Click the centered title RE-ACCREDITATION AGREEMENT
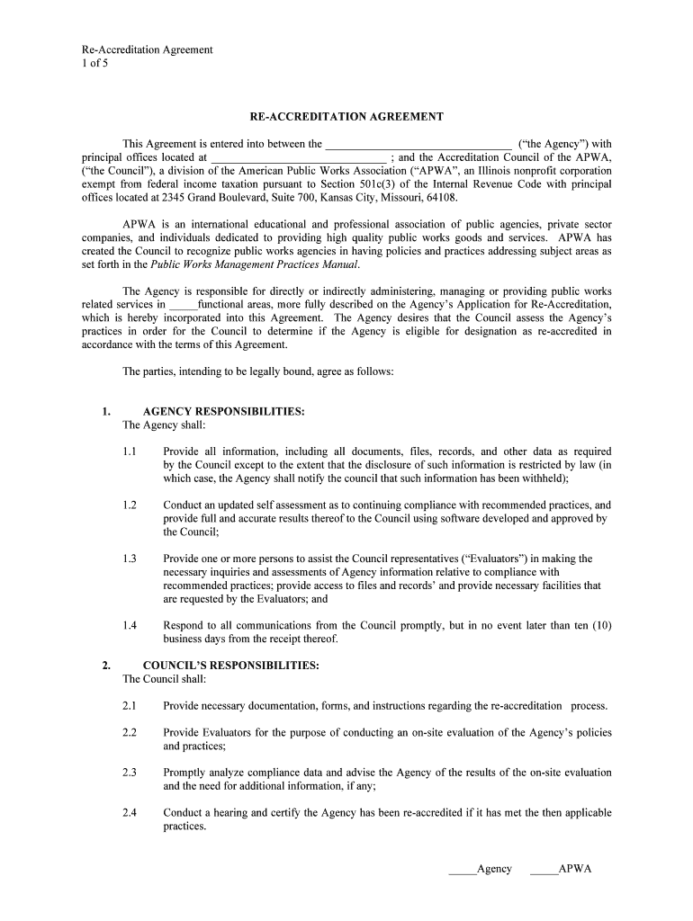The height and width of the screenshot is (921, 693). tap(346, 117)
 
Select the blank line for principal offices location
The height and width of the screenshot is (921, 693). tap(297, 158)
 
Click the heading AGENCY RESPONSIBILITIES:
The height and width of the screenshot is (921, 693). tap(223, 412)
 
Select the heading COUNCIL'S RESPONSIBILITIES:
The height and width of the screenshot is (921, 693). tap(230, 666)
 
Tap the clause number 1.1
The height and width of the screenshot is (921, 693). tap(130, 452)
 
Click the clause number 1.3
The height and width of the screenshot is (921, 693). tap(130, 559)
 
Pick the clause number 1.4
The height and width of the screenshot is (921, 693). tap(130, 626)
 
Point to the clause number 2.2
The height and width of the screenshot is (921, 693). tap(130, 733)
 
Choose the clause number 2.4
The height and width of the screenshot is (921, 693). tap(130, 813)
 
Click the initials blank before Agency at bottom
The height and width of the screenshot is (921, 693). tap(462, 870)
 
